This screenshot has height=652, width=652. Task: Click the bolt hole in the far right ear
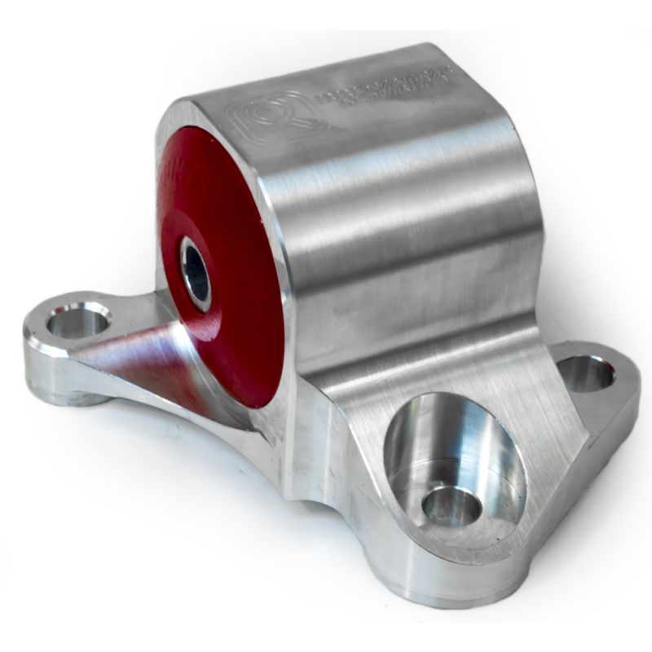[x=585, y=373]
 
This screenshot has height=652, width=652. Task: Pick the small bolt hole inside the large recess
[x=451, y=506]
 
